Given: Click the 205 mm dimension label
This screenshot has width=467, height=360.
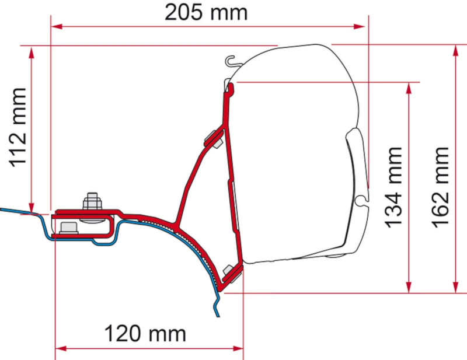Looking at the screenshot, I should pyautogui.click(x=205, y=12).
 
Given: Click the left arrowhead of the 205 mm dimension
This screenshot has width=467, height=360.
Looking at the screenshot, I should pyautogui.click(x=56, y=26).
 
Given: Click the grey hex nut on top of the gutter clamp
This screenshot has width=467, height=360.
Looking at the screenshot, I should pyautogui.click(x=91, y=201).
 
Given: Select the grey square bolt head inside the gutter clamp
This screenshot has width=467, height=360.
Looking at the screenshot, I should pyautogui.click(x=66, y=227).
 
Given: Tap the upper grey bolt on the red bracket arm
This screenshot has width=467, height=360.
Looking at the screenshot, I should pyautogui.click(x=214, y=139).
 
